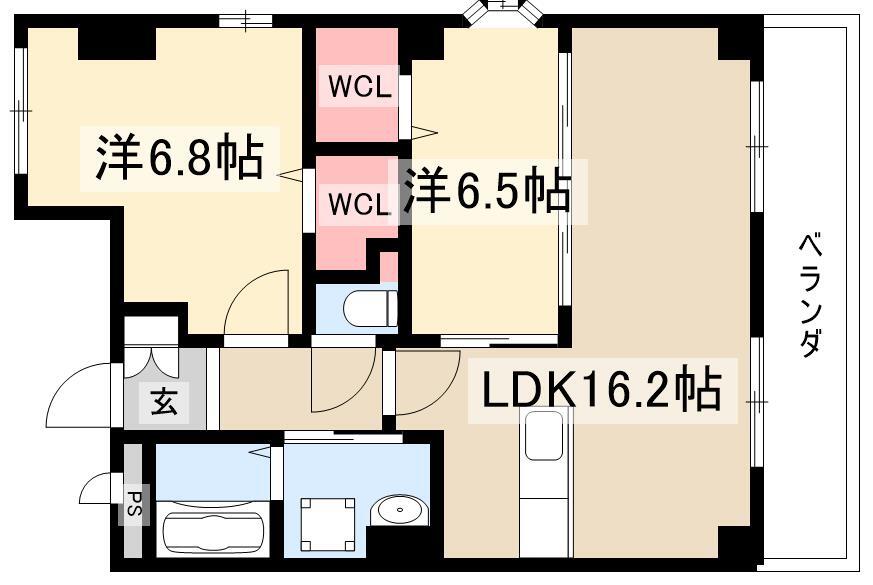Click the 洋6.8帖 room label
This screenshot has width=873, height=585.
click(179, 158)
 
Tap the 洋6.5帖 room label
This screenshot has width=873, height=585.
click(487, 191)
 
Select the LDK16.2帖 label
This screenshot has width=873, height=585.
click(601, 390)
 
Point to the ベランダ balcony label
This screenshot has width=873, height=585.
click(810, 296)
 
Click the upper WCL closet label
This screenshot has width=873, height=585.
click(360, 87)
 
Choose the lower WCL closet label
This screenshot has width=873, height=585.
click(358, 204)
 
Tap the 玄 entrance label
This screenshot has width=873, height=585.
click(164, 401)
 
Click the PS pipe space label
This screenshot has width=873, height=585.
click(134, 503)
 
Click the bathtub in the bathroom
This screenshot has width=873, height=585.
click(214, 530)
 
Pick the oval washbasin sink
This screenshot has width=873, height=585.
click(399, 510)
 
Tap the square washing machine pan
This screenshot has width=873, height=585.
click(327, 523)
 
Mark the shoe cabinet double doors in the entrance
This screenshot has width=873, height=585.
click(150, 362)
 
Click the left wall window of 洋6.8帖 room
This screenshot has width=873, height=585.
click(21, 111)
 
